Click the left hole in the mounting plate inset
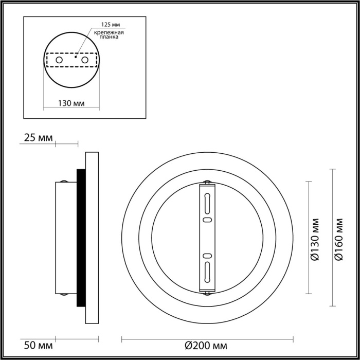pos(59,61)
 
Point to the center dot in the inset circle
pos(76,58)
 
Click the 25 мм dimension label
pos(38,137)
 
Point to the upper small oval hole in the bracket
pos(207,220)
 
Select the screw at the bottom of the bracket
pos(207,294)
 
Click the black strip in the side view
pos(81,237)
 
